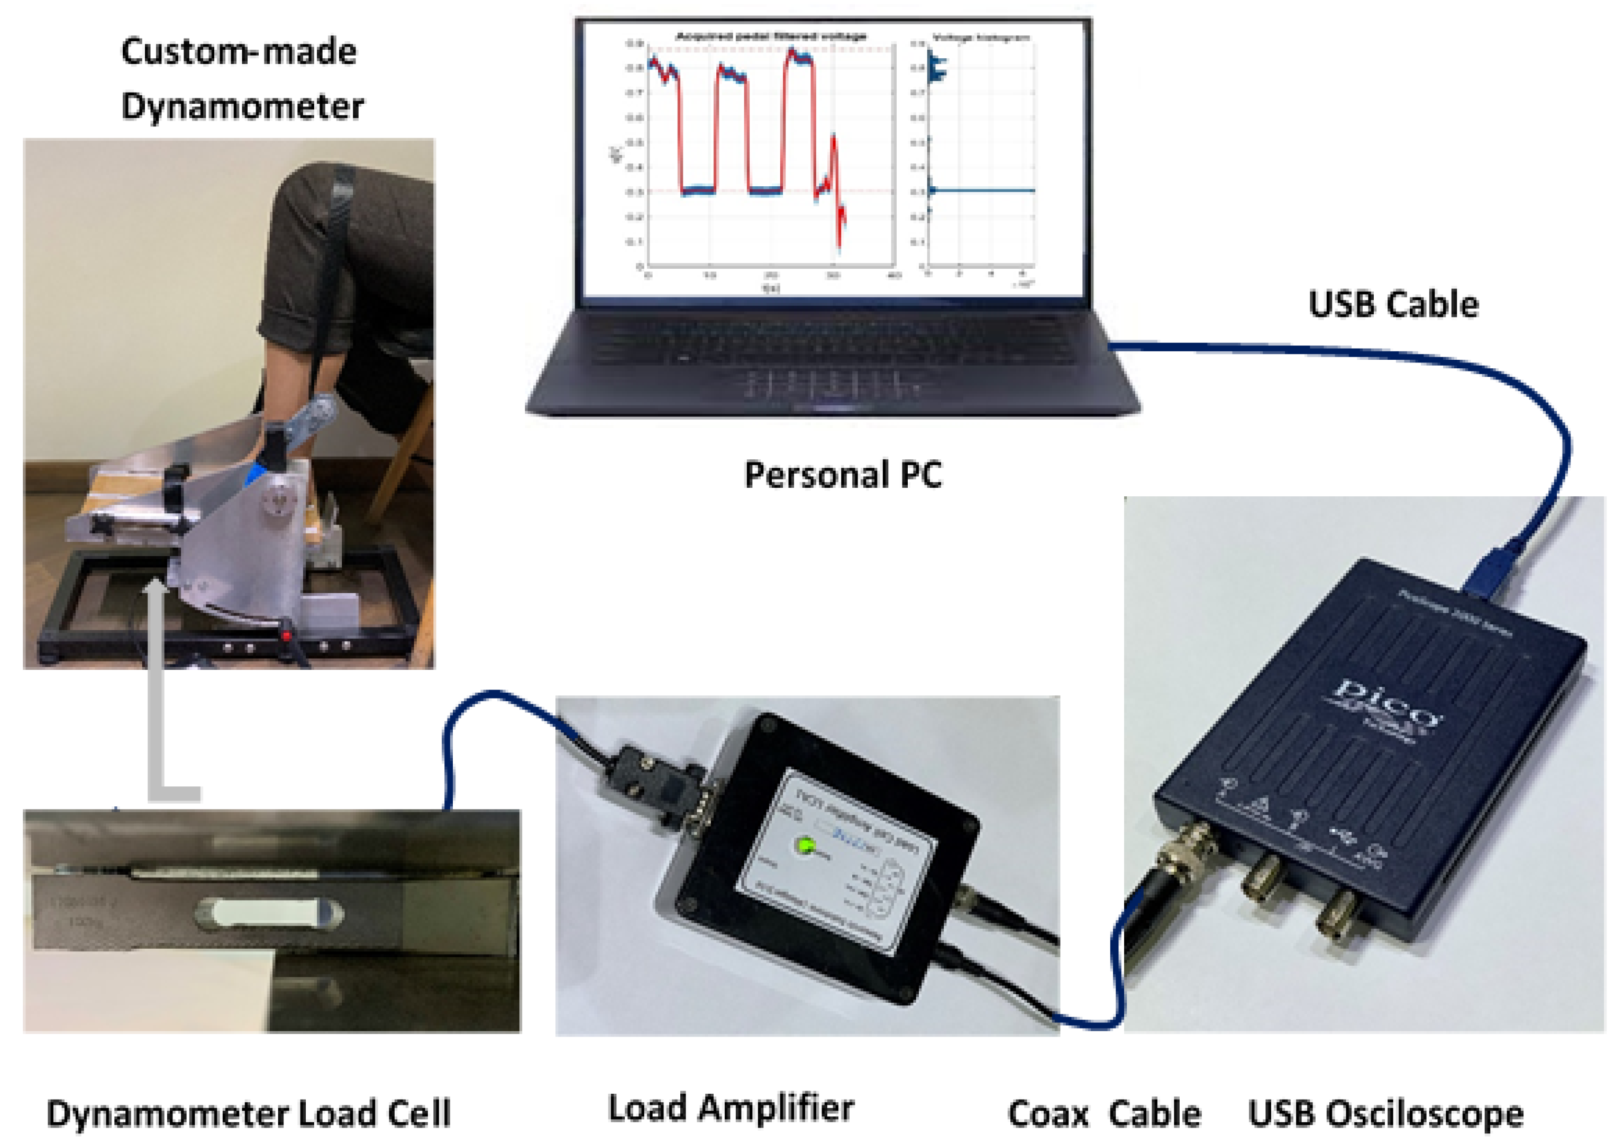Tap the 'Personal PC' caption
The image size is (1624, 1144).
[x=843, y=475]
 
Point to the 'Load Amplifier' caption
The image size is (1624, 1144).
[x=731, y=1108]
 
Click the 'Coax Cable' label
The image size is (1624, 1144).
[x=1103, y=1114]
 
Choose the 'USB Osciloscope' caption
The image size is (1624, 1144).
[x=1385, y=1114]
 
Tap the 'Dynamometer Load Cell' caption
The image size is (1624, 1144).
[x=248, y=1114]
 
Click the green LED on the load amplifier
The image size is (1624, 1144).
[x=806, y=846]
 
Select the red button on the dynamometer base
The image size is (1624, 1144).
[x=287, y=636]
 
